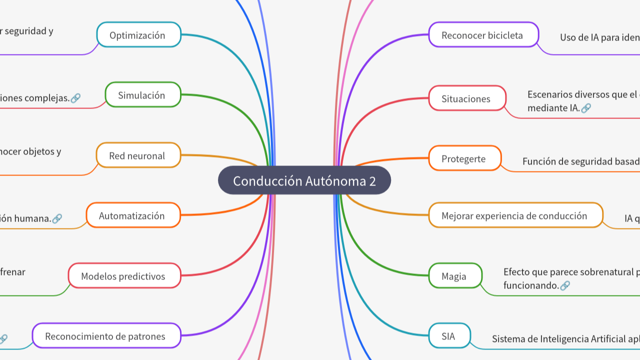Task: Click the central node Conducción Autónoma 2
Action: [304, 180]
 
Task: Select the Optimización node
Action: [138, 35]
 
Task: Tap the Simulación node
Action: [142, 95]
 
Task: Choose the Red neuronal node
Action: [137, 155]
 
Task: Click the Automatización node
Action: [132, 215]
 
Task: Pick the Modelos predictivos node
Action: [124, 276]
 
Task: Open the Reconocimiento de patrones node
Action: [106, 336]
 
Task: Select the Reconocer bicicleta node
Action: [483, 35]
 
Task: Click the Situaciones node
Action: [467, 98]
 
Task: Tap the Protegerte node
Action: [464, 158]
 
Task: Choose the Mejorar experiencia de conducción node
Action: [515, 215]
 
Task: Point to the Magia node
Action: [455, 276]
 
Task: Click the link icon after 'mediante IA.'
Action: [586, 108]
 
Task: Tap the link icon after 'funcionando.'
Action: [565, 285]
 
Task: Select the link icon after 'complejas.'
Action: [75, 98]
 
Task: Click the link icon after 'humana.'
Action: [57, 218]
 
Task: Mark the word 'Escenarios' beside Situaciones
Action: [550, 94]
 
